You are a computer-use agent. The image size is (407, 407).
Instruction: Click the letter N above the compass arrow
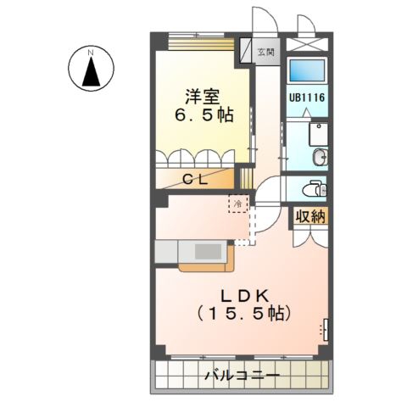(91, 53)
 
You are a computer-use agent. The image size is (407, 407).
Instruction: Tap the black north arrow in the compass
(91, 71)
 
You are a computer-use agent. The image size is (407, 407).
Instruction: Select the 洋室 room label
(203, 97)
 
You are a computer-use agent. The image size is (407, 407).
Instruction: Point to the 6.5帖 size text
(204, 115)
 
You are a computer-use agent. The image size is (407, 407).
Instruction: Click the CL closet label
(195, 179)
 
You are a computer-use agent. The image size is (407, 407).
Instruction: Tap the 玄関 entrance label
(266, 52)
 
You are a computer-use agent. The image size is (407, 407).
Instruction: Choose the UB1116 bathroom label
(307, 98)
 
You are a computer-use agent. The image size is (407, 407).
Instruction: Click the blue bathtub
(307, 70)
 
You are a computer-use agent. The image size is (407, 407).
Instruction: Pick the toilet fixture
(315, 189)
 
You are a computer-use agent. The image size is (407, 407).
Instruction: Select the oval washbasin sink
(320, 157)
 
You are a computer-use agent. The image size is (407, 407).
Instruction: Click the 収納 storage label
(310, 217)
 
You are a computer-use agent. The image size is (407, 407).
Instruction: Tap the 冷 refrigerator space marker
(238, 203)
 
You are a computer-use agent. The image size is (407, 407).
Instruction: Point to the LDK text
(244, 297)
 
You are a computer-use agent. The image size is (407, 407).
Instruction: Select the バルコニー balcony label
(243, 376)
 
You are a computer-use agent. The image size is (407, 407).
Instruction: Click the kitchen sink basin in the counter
(208, 251)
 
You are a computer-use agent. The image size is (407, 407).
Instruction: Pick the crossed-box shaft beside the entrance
(307, 44)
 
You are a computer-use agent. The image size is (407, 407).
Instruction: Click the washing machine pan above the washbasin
(318, 135)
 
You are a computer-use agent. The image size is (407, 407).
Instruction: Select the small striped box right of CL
(245, 179)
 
